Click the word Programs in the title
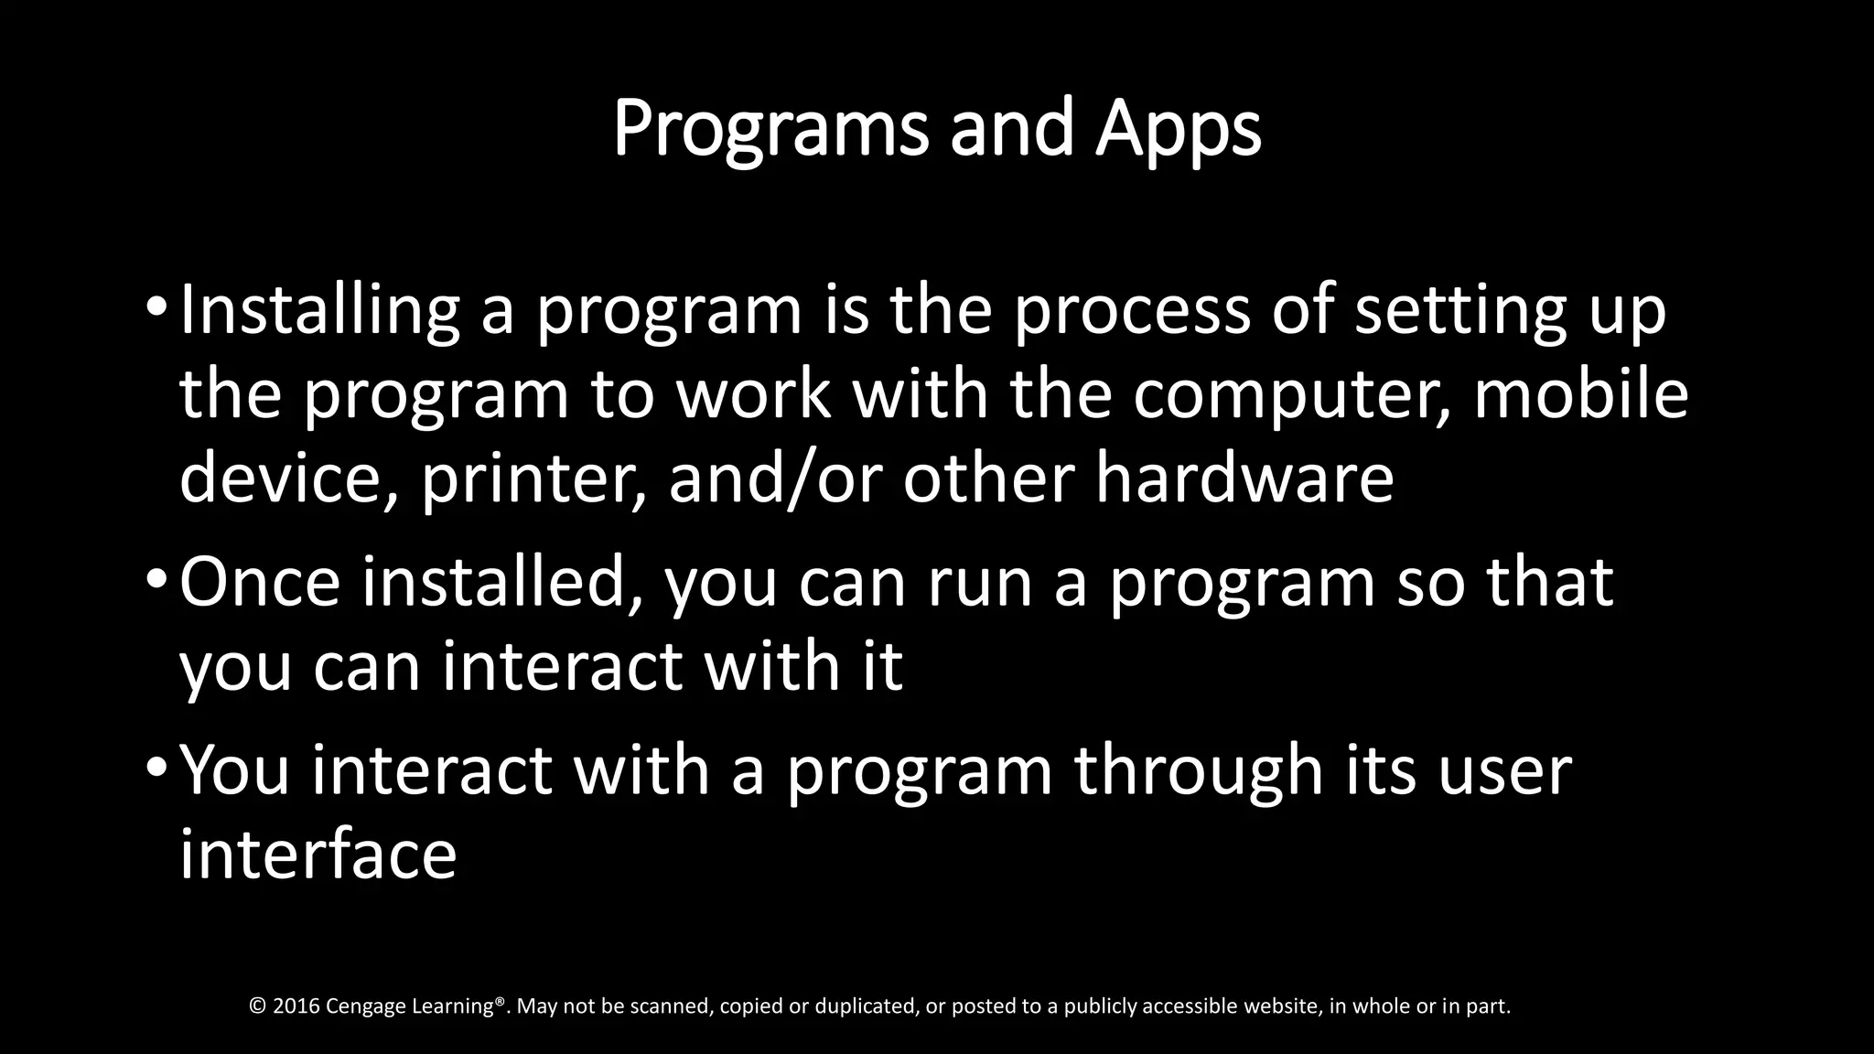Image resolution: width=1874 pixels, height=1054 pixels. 771,130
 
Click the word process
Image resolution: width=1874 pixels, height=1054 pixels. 1132,311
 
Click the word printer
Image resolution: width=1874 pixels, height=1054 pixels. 533,479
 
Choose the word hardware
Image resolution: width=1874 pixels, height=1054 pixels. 1244,479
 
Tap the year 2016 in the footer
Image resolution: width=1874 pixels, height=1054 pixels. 296,1006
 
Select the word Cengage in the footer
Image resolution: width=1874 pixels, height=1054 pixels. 366,1006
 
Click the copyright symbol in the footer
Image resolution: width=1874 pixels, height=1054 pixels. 257,1006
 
